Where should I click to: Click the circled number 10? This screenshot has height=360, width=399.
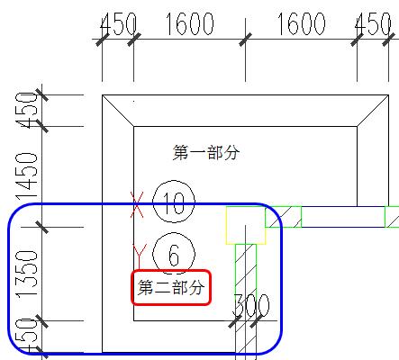[174, 202]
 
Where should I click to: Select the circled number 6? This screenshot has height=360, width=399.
[174, 254]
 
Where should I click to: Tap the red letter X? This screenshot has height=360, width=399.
[137, 205]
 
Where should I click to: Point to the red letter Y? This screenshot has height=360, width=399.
[140, 256]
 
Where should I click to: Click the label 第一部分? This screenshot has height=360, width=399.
[206, 152]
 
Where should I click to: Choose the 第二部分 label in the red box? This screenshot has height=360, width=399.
[171, 288]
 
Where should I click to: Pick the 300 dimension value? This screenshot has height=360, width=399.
[251, 305]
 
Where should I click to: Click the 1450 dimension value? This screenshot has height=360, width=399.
[27, 176]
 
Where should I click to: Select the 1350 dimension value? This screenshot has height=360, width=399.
[27, 274]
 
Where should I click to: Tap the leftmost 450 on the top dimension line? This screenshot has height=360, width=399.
[118, 24]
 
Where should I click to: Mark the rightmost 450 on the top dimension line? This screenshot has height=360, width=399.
[373, 24]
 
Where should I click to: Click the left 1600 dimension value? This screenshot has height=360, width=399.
[190, 24]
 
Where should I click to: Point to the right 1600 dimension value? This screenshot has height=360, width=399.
[301, 24]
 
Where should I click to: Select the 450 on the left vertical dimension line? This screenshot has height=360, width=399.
[27, 111]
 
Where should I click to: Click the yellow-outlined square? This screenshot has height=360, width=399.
[246, 225]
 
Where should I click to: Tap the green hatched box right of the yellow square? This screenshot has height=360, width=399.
[284, 217]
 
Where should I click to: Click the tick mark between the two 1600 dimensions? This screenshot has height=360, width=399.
[245, 40]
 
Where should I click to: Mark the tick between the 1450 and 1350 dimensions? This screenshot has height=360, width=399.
[41, 227]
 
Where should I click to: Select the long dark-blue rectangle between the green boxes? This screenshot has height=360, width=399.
[343, 217]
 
